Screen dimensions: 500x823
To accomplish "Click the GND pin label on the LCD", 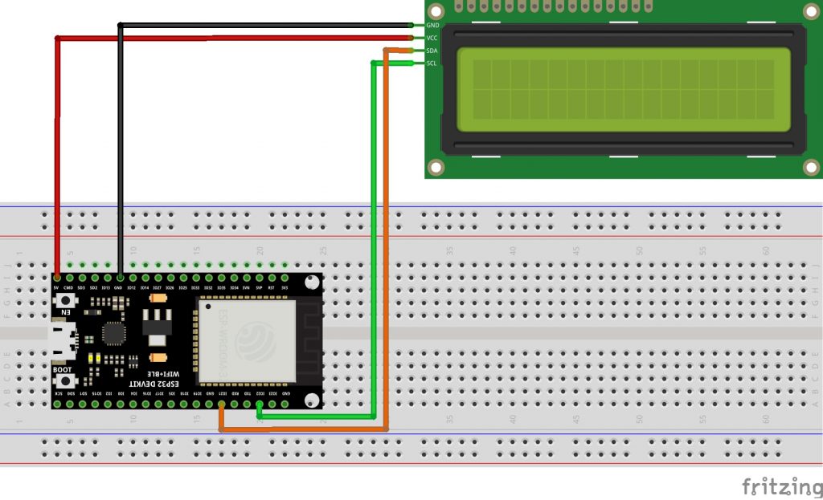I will pyautogui.click(x=432, y=26).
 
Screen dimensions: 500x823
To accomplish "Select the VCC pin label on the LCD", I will pyautogui.click(x=432, y=38).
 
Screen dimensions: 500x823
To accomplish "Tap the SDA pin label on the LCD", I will pyautogui.click(x=432, y=51).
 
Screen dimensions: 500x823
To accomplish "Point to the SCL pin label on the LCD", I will pyautogui.click(x=432, y=63).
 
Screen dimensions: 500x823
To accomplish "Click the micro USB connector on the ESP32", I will pyautogui.click(x=61, y=340).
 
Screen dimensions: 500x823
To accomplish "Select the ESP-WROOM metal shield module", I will pyautogui.click(x=247, y=340).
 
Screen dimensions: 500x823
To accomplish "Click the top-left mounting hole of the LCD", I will pyautogui.click(x=436, y=11).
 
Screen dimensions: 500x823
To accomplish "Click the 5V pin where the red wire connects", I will pyautogui.click(x=57, y=278).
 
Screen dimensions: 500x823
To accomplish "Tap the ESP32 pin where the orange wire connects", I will pyautogui.click(x=221, y=403).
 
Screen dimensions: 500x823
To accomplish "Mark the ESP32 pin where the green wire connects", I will pyautogui.click(x=259, y=403).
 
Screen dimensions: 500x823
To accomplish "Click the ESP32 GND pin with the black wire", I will pyautogui.click(x=120, y=278).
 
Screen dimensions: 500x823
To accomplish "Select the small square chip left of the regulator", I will pyautogui.click(x=115, y=333).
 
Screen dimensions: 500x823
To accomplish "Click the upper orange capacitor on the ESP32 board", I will pyautogui.click(x=158, y=298).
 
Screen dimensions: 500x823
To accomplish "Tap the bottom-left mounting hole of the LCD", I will pyautogui.click(x=436, y=167).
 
